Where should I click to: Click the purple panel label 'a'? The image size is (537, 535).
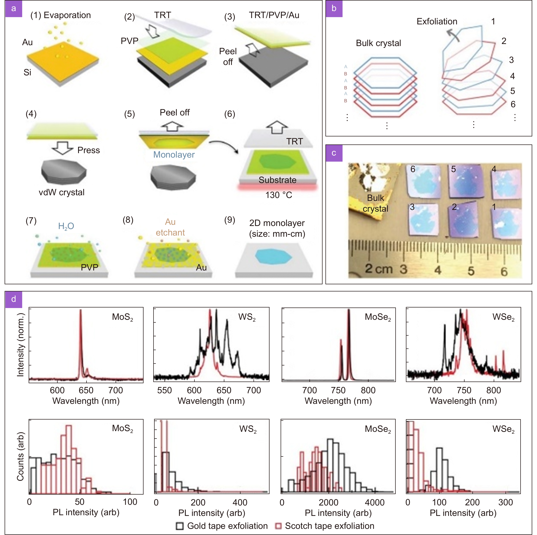[x=13, y=9]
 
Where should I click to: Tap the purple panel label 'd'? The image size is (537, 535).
[x=13, y=299]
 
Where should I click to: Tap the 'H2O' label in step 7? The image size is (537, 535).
[x=66, y=226]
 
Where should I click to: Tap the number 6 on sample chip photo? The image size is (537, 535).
[x=413, y=169]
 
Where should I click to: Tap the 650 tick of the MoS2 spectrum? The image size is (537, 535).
[x=86, y=390]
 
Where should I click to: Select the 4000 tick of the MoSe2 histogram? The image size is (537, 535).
[x=375, y=502]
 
